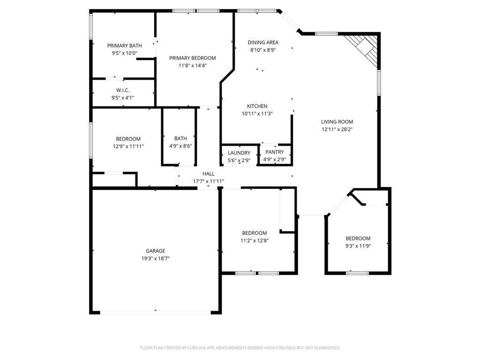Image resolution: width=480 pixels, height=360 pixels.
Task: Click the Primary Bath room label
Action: [124, 45]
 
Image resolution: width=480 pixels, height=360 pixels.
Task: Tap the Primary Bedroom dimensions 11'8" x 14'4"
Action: [192, 66]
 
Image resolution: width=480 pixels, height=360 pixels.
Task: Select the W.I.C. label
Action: [123, 90]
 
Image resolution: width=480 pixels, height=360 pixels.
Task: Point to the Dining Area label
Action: [263, 42]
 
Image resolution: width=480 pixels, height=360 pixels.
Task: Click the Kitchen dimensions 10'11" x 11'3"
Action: [257, 113]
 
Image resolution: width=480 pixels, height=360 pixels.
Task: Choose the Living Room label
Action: [337, 121]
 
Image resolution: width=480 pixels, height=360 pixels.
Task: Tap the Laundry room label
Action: [239, 153]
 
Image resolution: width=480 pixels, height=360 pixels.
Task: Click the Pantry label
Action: [274, 152]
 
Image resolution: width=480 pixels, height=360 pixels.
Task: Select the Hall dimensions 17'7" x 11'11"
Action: [209, 181]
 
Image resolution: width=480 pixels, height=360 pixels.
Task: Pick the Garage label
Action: [155, 251]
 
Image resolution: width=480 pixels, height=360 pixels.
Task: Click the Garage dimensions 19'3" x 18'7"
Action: [155, 258]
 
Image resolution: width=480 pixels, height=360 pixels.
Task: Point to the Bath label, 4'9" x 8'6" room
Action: [180, 138]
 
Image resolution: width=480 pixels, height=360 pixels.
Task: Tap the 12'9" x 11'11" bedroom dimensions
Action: [128, 146]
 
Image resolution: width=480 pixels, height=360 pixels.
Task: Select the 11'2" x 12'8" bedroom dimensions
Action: [254, 240]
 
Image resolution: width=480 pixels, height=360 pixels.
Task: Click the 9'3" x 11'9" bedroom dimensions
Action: [358, 246]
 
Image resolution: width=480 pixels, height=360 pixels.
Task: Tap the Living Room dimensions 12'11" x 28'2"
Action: [337, 129]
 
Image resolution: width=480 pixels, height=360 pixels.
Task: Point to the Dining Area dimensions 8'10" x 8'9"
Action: [263, 50]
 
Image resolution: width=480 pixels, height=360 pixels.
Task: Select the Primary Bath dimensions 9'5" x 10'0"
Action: [124, 53]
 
